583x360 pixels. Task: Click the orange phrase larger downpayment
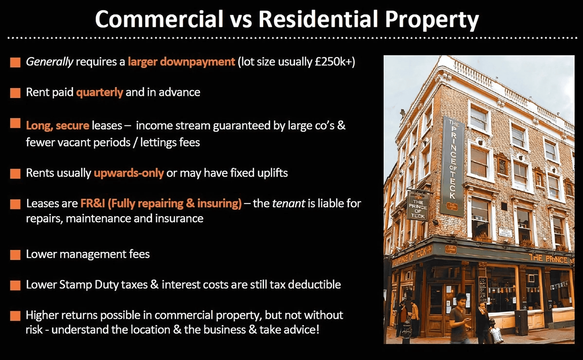[x=181, y=62]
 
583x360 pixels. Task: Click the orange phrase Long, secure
[x=58, y=126]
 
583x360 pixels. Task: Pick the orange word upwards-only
[x=129, y=173]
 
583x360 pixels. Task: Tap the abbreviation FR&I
[x=93, y=203]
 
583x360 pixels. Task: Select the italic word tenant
[x=288, y=204]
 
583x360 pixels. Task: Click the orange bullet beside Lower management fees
[x=15, y=255]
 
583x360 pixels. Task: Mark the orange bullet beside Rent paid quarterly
[x=15, y=93]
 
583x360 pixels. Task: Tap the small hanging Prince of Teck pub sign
[x=418, y=207]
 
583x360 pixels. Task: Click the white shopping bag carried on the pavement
[x=497, y=335]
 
